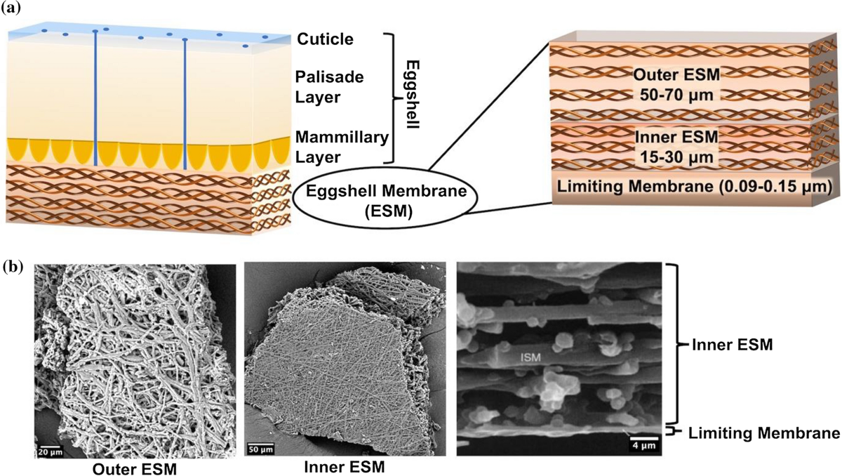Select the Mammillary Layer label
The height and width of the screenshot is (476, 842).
(340, 147)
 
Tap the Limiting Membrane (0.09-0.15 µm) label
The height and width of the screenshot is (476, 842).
(677, 186)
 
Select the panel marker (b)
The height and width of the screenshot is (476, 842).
(16, 267)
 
